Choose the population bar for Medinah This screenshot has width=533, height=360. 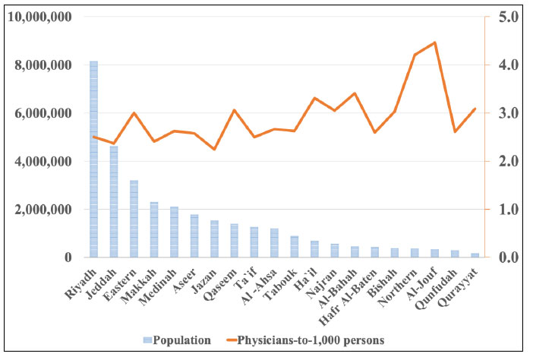[x=174, y=232]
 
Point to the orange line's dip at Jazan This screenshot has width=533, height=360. [x=214, y=149]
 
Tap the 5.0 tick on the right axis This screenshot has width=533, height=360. [x=506, y=17]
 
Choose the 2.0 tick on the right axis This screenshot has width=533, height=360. [x=506, y=161]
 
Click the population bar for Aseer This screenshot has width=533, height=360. [x=194, y=236]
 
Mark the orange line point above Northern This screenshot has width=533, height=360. [x=415, y=55]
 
